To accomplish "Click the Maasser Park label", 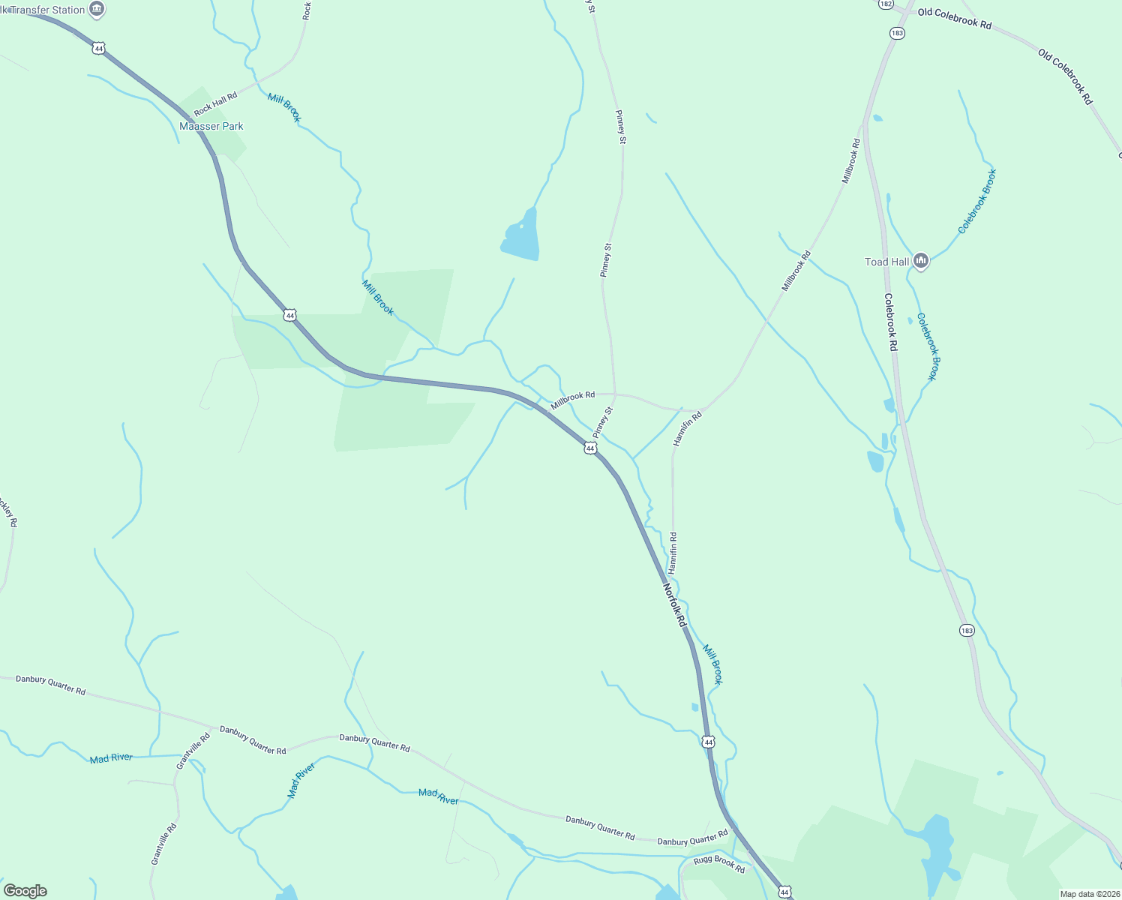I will pyautogui.click(x=211, y=126).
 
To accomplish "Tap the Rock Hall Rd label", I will pyautogui.click(x=215, y=104).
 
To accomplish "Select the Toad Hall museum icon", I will pyautogui.click(x=921, y=261).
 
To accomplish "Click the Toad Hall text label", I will pyautogui.click(x=886, y=262).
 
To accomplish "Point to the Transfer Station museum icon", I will pyautogui.click(x=97, y=9).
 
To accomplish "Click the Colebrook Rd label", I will pyautogui.click(x=890, y=322).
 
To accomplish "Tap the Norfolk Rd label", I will pyautogui.click(x=675, y=605).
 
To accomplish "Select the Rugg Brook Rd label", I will pyautogui.click(x=719, y=864).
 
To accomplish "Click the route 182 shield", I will pyautogui.click(x=886, y=4).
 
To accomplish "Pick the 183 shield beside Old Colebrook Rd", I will pyautogui.click(x=897, y=33).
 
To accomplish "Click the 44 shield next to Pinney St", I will pyautogui.click(x=590, y=448).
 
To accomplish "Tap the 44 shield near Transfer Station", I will pyautogui.click(x=98, y=48).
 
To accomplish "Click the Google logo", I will pyautogui.click(x=25, y=891).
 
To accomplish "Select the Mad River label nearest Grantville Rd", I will pyautogui.click(x=111, y=758).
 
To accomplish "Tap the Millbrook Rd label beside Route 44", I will pyautogui.click(x=572, y=400).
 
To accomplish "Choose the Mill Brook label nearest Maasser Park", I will pyautogui.click(x=284, y=108).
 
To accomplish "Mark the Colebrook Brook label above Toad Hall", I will pyautogui.click(x=977, y=201).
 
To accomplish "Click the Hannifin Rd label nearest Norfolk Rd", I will pyautogui.click(x=673, y=553).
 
